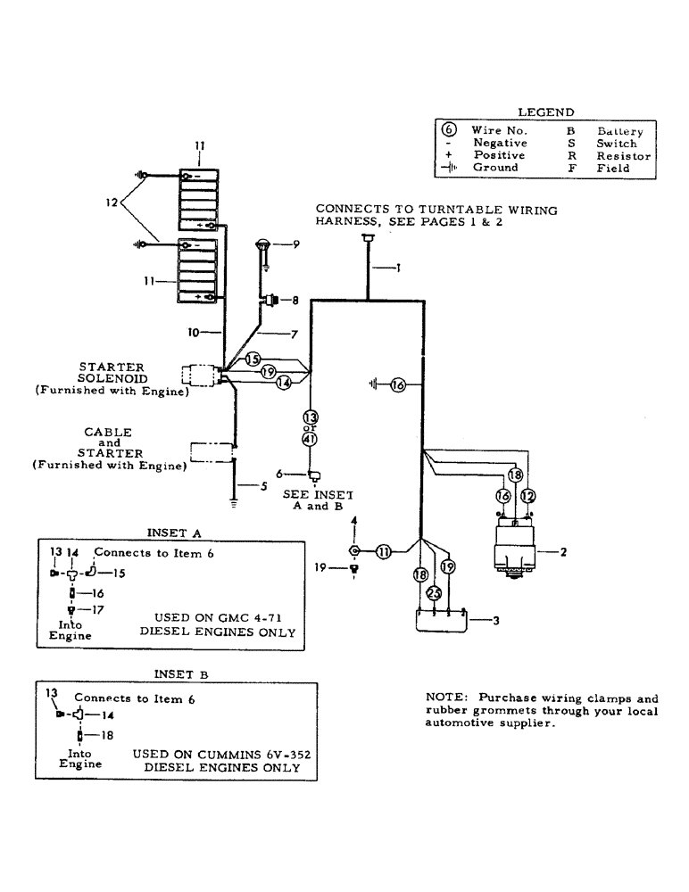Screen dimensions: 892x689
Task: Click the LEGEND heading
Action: coord(545,112)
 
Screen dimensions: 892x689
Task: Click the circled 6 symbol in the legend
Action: coord(450,130)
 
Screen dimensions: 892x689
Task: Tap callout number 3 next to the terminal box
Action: coord(495,621)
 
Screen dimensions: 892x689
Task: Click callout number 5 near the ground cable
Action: coord(262,486)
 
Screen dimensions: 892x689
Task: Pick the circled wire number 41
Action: coord(311,438)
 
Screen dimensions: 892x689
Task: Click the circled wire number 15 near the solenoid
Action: coord(252,359)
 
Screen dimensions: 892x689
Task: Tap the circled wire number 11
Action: coord(383,552)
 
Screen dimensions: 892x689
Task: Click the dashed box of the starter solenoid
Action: coord(201,375)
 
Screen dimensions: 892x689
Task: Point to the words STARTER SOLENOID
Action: coord(112,373)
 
